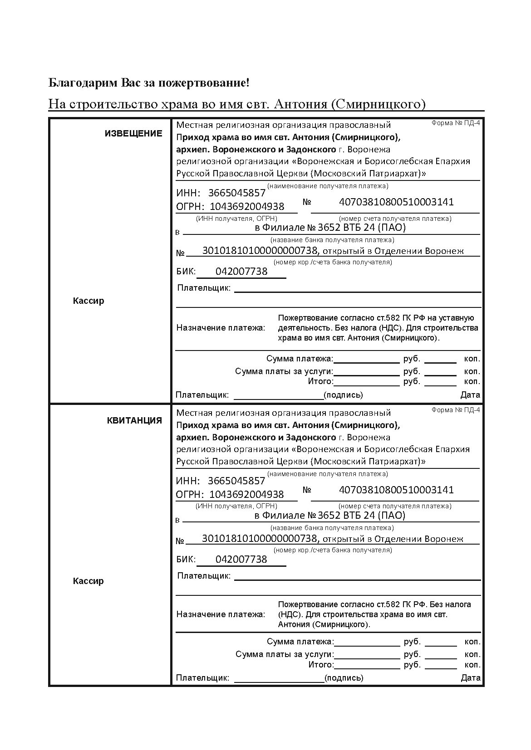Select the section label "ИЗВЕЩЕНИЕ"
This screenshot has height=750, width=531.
pos(133,133)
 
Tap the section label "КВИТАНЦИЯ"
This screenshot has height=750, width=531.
pos(134,420)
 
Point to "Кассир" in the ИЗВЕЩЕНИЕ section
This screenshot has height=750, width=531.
pos(88,301)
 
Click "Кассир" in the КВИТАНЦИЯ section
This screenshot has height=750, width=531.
pos(88,581)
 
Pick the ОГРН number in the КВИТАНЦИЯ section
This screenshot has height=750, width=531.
pos(246,494)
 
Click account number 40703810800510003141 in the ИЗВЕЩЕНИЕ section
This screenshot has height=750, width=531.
pos(396,202)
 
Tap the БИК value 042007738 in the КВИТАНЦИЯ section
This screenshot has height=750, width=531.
pos(241,560)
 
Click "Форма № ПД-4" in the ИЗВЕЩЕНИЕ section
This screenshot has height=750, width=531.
pos(455,123)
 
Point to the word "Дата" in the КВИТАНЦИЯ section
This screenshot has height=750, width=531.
pos(471,678)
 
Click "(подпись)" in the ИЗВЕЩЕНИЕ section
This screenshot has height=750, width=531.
pos(344,395)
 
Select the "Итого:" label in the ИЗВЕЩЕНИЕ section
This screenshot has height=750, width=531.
pos(320,381)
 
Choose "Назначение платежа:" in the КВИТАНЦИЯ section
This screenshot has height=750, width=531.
pos(221,614)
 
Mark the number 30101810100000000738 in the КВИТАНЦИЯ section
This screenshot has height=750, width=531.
pos(259,539)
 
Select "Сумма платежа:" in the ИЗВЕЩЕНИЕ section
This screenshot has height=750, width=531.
pos(300,359)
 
